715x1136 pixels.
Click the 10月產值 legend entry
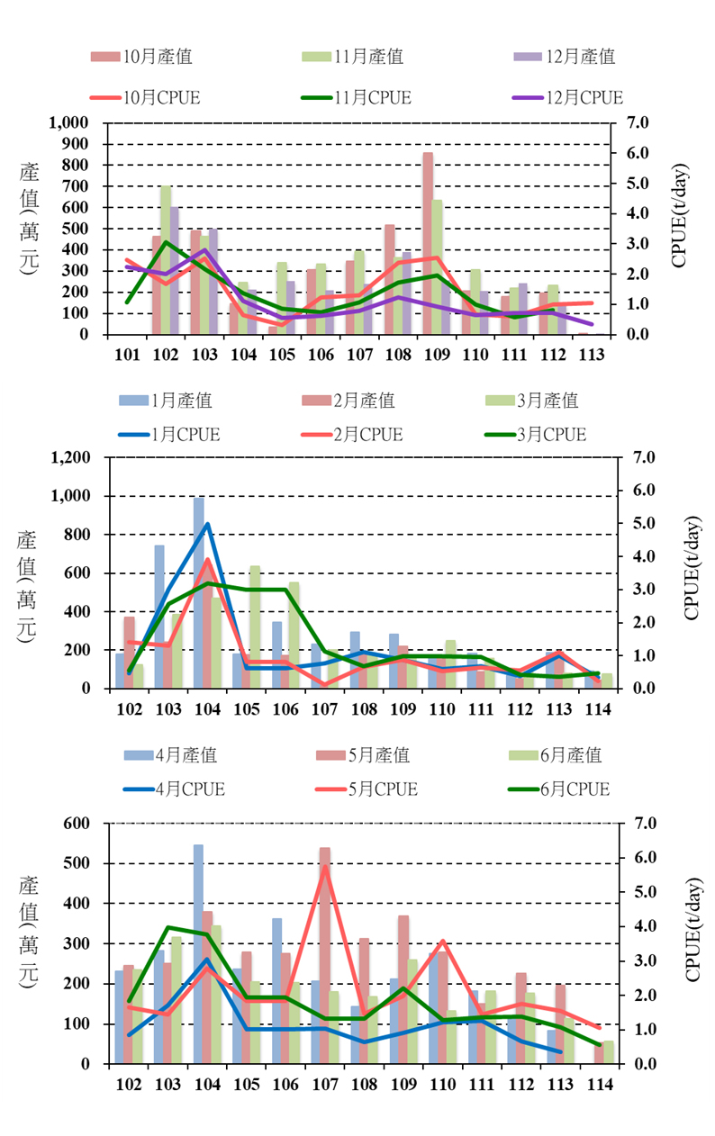tap(141, 57)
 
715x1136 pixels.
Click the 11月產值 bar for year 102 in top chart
tap(166, 260)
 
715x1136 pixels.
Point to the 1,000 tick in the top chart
tap(71, 122)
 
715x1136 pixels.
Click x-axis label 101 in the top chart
tap(128, 353)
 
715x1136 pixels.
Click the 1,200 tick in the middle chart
tap(72, 457)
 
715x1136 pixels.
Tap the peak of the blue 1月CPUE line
tap(208, 524)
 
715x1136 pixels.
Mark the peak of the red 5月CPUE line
tap(324, 868)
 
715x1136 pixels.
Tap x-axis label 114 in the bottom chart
tap(599, 1085)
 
